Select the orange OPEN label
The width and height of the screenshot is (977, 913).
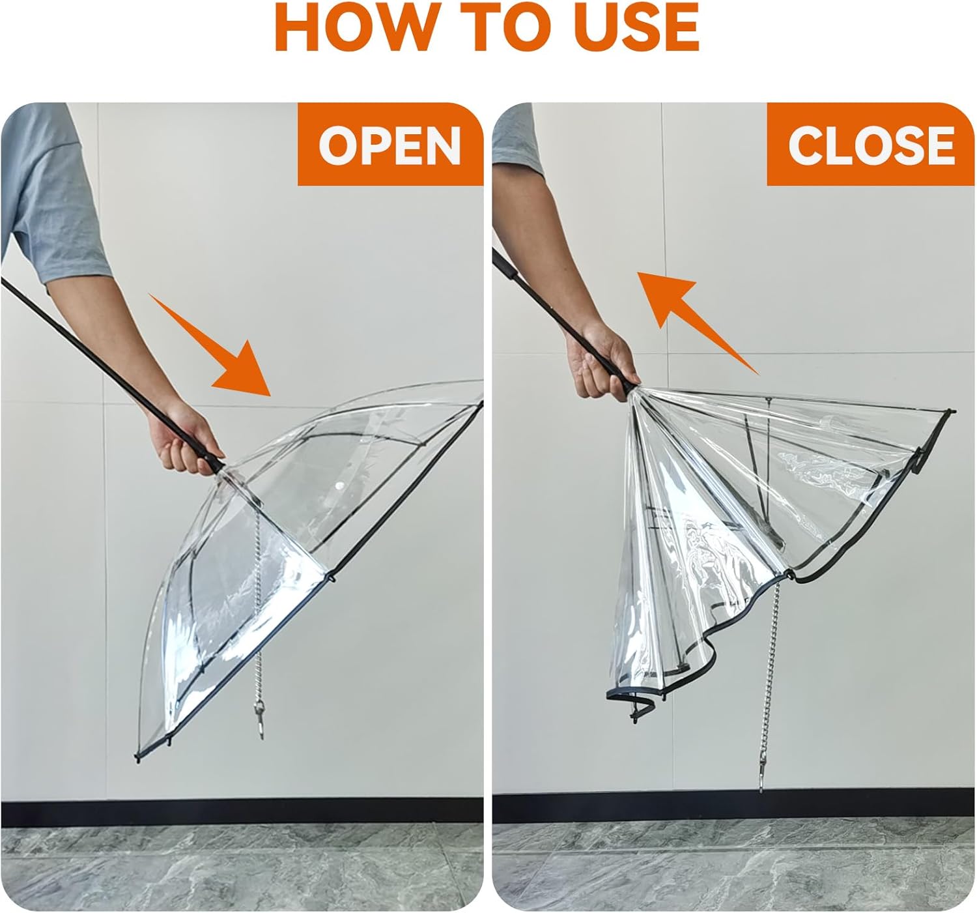pyautogui.click(x=389, y=145)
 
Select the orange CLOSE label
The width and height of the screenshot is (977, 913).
pyautogui.click(x=871, y=145)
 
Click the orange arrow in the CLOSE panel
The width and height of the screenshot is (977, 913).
pyautogui.click(x=697, y=319)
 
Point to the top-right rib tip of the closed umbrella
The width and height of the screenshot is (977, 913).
pyautogui.click(x=952, y=413)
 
